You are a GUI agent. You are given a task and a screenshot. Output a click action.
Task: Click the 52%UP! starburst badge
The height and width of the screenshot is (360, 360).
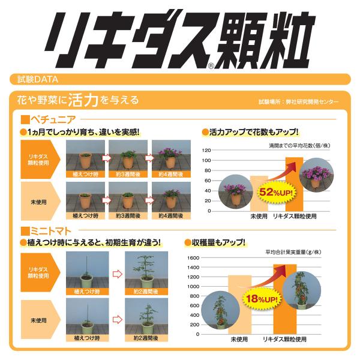276,192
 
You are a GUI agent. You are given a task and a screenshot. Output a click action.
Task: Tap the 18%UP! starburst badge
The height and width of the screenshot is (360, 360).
262,299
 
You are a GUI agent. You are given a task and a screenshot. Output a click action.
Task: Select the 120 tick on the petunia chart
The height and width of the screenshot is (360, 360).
206,151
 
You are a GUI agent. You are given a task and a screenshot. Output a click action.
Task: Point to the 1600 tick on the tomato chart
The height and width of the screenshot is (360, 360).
193,258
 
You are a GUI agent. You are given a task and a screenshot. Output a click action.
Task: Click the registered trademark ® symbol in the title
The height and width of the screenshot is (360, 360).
211,66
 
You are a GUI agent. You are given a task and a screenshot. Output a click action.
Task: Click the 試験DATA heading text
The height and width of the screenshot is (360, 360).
38,79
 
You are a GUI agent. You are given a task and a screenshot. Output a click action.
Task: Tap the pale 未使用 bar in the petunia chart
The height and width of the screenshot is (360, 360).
259,194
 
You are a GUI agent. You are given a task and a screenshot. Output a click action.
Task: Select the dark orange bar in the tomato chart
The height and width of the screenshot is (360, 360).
285,299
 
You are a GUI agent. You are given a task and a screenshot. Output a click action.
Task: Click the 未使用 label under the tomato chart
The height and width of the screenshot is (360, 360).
239,340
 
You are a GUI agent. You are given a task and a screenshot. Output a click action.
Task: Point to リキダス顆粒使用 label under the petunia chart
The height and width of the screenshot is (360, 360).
295,216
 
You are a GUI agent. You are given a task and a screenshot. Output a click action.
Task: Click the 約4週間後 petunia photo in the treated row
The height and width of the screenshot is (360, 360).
171,158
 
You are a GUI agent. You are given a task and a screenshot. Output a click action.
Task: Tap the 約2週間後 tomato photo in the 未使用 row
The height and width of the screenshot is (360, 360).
146,320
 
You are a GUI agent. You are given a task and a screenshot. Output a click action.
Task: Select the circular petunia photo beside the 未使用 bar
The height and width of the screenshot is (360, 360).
235,192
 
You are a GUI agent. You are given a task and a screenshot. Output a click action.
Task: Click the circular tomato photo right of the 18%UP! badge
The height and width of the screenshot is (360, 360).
302,290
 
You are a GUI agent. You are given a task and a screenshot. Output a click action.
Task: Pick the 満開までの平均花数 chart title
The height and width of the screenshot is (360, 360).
299,146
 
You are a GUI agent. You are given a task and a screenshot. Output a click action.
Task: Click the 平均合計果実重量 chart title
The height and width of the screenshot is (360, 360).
293,252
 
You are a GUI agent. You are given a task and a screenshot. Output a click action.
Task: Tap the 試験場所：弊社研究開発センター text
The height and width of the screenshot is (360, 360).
298,102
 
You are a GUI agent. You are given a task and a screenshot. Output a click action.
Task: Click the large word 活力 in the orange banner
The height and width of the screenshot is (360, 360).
83,100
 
